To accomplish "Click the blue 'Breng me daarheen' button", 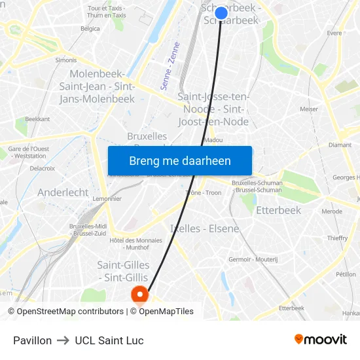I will pyautogui.click(x=180, y=161).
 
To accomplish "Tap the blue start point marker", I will pyautogui.click(x=221, y=12).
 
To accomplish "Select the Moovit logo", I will pyautogui.click(x=321, y=340).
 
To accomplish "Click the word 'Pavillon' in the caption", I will pyautogui.click(x=32, y=340).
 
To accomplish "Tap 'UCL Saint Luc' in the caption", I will pyautogui.click(x=109, y=340).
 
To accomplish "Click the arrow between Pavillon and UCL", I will pyautogui.click(x=63, y=340).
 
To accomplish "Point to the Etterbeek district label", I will pyautogui.click(x=278, y=210).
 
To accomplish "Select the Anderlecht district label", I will pyautogui.click(x=63, y=192).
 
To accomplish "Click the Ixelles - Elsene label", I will pyautogui.click(x=204, y=228).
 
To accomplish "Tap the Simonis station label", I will pyautogui.click(x=66, y=60).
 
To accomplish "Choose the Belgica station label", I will pyautogui.click(x=90, y=29).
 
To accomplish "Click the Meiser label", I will pyautogui.click(x=308, y=109).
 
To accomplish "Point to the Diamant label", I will pyautogui.click(x=340, y=145).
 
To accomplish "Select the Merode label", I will pyautogui.click(x=332, y=211).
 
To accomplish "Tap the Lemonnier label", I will pyautogui.click(x=89, y=198).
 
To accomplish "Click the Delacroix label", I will pyautogui.click(x=42, y=168).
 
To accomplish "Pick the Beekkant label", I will pyautogui.click(x=37, y=120).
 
